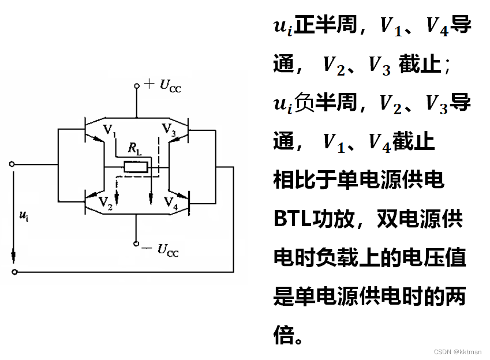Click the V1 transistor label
click(109, 129)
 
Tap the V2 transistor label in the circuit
click(105, 202)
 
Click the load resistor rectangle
click(137, 167)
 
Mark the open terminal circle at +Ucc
click(137, 86)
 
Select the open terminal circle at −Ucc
click(137, 243)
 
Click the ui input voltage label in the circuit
click(24, 216)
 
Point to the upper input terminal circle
click(13, 164)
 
